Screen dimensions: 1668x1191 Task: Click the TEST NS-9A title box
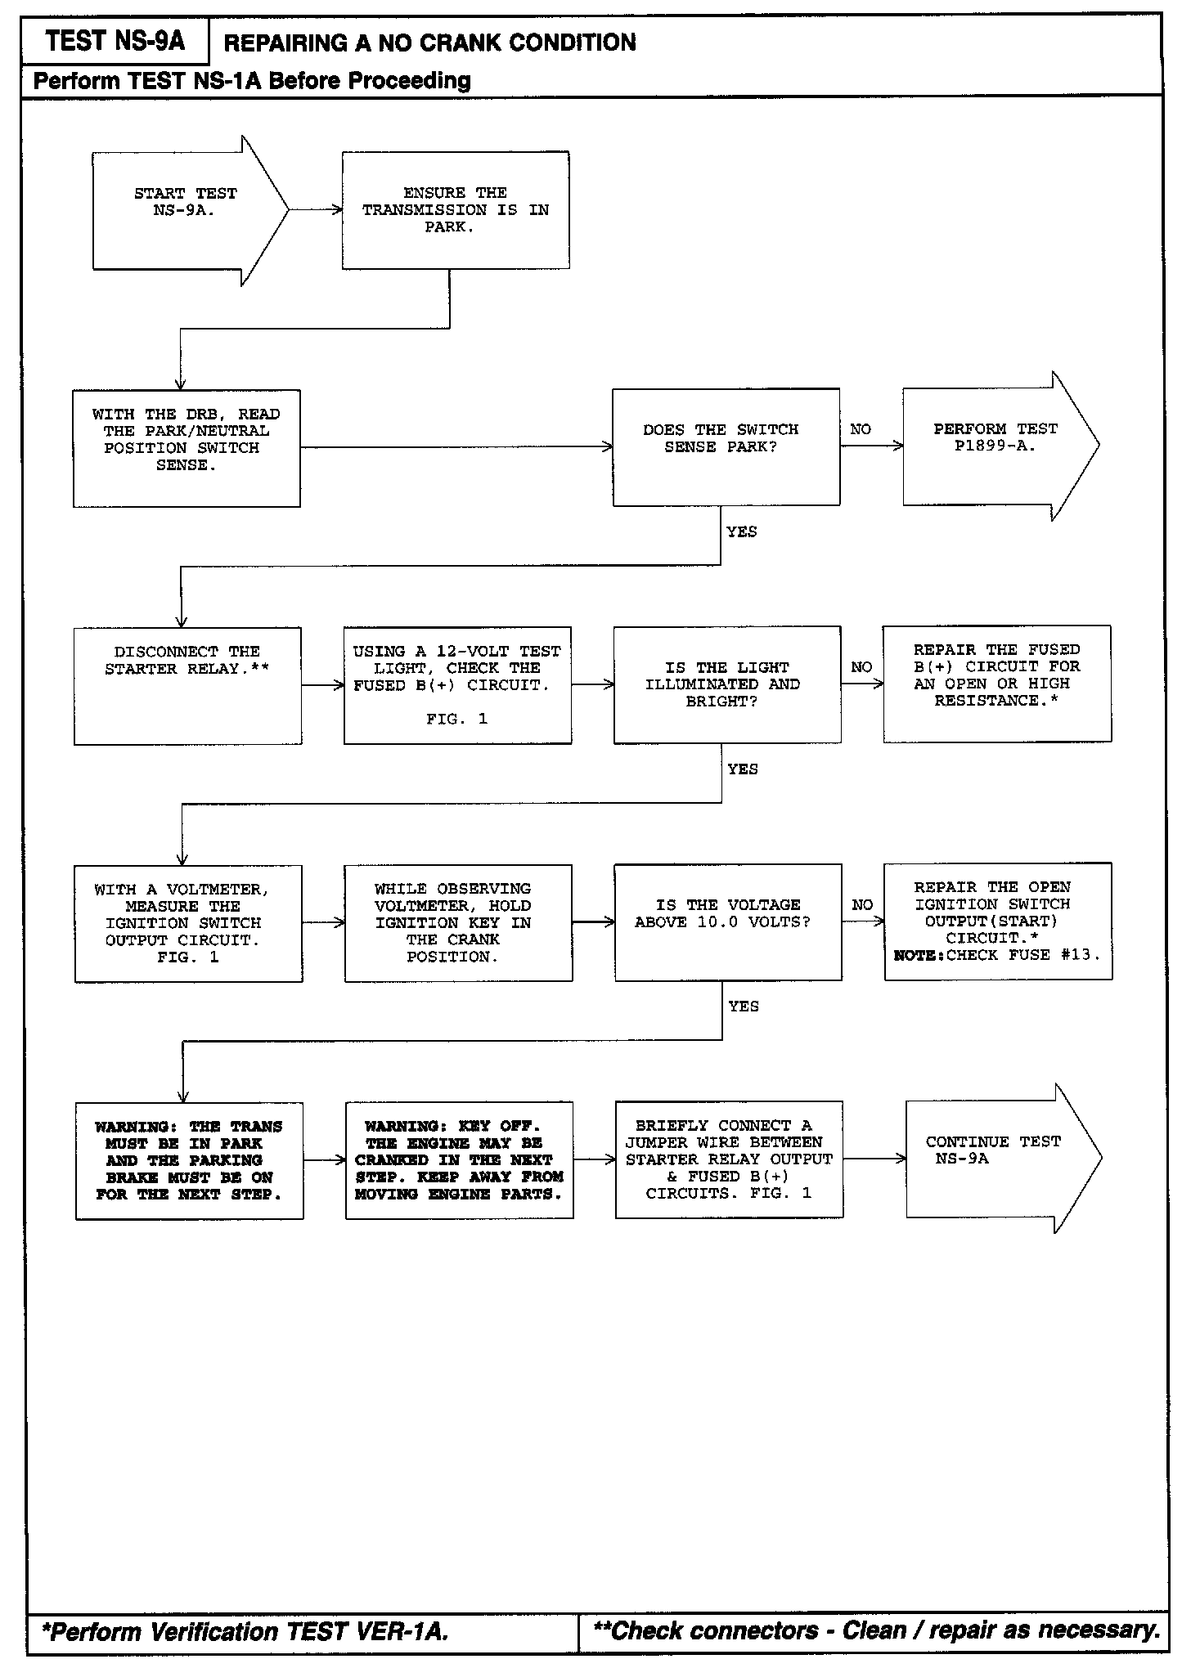115,41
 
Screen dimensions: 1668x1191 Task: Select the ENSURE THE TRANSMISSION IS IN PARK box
456,210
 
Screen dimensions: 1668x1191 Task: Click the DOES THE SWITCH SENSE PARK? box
726,447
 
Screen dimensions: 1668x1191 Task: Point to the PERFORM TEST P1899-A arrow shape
995,446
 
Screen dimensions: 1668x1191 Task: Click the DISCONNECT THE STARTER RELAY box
187,685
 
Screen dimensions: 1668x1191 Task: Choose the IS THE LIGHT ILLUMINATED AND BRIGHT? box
726,684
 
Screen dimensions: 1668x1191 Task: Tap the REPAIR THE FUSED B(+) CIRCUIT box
996,684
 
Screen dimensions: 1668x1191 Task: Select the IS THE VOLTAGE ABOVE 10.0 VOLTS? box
727,921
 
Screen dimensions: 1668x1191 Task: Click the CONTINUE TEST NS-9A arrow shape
995,1158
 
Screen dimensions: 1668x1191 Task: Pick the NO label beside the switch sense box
861,429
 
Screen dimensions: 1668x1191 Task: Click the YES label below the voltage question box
744,1007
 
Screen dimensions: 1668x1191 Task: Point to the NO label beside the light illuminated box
861,667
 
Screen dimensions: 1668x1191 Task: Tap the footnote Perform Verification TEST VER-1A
245,1632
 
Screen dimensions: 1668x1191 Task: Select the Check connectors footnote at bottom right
876,1630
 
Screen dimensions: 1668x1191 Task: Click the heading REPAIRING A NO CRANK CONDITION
429,43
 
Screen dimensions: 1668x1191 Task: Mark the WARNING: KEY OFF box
459,1159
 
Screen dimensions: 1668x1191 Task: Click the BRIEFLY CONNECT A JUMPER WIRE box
729,1159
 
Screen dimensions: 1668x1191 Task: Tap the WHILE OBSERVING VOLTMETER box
458,922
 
